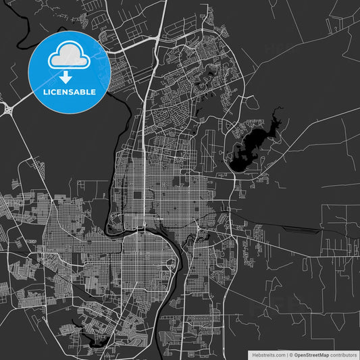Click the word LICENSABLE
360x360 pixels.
[x=70, y=92]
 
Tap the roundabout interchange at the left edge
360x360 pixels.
[x=9, y=108]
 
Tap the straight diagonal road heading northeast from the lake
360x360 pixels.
[x=317, y=122]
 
